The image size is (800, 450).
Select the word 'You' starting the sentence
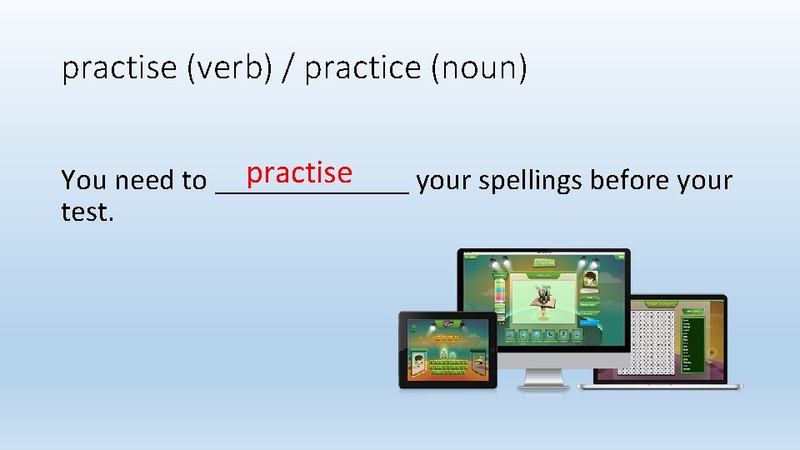(85, 180)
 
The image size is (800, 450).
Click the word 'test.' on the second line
(87, 212)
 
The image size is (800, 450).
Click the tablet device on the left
(447, 350)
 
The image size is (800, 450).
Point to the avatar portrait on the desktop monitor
(590, 279)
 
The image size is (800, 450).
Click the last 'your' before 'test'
(705, 180)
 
